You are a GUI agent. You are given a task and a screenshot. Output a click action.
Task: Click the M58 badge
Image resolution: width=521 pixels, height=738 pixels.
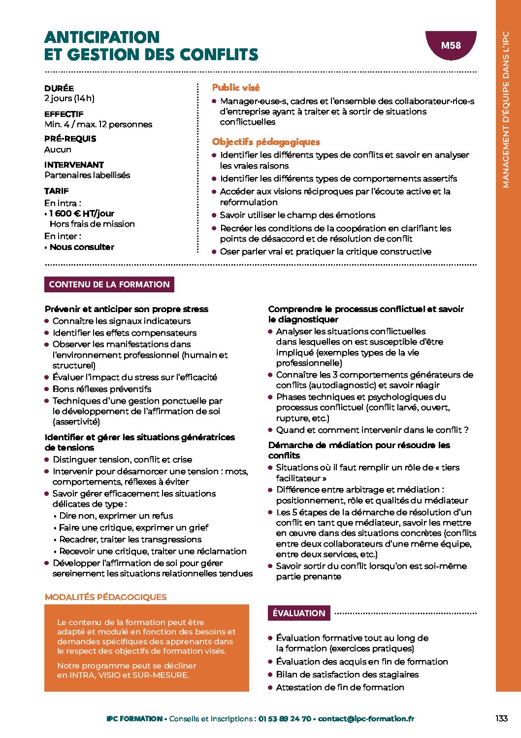coord(451,46)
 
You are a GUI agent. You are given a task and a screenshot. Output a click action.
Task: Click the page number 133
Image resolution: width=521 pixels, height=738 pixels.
coord(501,719)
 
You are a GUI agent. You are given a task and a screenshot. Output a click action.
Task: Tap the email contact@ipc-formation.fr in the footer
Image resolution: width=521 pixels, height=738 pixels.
coord(366,719)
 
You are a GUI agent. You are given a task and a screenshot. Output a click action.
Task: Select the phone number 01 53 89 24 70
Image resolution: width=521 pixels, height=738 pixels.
coord(285,719)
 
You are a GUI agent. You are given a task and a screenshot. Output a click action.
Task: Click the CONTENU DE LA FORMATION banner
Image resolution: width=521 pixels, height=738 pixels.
coord(109,284)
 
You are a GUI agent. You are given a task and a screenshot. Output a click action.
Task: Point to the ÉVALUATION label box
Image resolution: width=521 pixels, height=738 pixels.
coord(299,613)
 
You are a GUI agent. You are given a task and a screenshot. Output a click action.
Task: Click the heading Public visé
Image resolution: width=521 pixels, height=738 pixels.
coord(236,88)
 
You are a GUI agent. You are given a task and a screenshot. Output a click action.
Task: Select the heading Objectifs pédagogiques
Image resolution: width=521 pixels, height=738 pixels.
coord(266,142)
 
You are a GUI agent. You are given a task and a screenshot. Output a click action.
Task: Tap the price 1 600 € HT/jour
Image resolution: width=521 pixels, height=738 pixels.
coord(82,213)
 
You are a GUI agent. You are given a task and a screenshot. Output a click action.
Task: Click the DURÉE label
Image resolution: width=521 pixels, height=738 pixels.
coord(59,88)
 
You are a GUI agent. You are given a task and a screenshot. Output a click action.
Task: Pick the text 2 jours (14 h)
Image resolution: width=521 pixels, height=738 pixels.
coord(69,99)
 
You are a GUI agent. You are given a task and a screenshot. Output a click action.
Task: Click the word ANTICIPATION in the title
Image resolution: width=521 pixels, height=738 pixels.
coord(102,37)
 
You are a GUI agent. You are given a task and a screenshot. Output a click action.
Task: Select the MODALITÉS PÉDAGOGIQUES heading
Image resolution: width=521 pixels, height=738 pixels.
coord(105,597)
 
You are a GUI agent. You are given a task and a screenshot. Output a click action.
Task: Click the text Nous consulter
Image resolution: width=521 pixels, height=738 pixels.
coord(82,247)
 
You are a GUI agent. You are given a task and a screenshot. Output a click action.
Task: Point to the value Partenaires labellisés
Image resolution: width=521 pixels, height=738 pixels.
coord(87,175)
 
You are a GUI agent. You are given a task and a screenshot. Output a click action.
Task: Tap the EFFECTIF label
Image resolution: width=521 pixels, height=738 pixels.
coord(64,114)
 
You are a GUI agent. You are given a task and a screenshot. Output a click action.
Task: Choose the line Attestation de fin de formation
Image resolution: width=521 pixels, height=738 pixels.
coord(340,687)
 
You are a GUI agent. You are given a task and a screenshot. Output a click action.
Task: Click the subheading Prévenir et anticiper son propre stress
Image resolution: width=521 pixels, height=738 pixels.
coord(127,309)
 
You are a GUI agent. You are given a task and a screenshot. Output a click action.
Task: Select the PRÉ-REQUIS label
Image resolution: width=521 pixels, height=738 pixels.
coord(70,139)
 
